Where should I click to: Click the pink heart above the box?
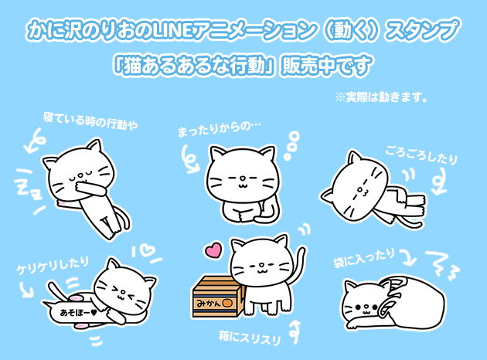tap(213, 250)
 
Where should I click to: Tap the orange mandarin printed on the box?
tap(227, 303)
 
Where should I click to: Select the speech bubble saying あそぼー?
tap(74, 313)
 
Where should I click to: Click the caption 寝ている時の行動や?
tap(90, 121)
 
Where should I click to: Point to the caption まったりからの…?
tap(219, 128)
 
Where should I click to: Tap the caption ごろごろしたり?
tap(421, 155)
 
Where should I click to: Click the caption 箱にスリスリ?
tap(250, 338)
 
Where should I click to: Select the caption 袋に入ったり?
tap(364, 258)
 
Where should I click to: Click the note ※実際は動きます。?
tap(381, 97)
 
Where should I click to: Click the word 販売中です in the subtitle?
tap(326, 66)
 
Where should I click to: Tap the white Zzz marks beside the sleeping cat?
tap(29, 189)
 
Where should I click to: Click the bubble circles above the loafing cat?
tap(292, 145)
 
